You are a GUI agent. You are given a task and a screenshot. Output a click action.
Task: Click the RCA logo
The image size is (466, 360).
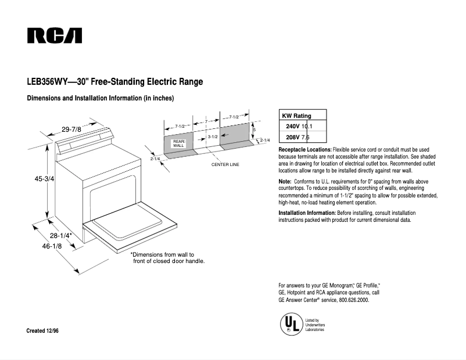point(54,36)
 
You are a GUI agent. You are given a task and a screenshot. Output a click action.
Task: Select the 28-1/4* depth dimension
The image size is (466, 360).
point(60,236)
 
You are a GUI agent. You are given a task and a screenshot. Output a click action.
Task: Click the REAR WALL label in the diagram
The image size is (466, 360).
point(178,143)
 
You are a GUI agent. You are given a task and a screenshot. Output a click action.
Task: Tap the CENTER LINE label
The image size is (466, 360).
point(225,165)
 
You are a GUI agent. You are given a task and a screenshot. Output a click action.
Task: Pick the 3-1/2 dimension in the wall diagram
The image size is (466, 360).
point(212,136)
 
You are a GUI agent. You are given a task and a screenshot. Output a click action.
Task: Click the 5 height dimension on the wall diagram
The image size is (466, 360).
point(254,129)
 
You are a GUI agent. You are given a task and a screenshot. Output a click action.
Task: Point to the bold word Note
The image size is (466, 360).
point(285,182)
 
